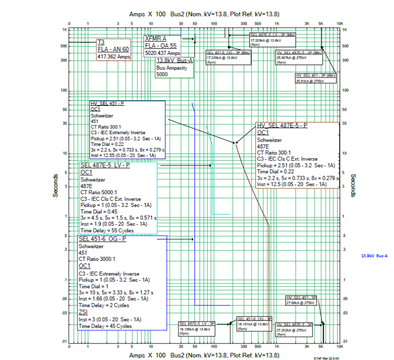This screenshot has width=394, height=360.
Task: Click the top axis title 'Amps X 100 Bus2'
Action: pyautogui.click(x=147, y=15)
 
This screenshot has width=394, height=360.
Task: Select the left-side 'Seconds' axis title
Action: pyautogui.click(x=55, y=184)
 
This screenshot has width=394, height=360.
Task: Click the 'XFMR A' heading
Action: pyautogui.click(x=156, y=38)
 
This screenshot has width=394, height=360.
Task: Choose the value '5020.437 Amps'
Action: pyautogui.click(x=163, y=53)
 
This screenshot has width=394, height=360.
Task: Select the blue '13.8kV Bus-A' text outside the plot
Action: pyautogui.click(x=375, y=256)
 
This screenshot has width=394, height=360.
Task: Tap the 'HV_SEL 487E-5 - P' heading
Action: pyautogui.click(x=282, y=126)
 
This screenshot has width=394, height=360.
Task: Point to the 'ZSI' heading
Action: pyautogui.click(x=83, y=312)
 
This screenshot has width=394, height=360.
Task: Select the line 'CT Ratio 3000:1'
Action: pyautogui.click(x=100, y=259)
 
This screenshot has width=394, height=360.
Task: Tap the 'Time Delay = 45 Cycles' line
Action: pyautogui.click(x=105, y=326)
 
